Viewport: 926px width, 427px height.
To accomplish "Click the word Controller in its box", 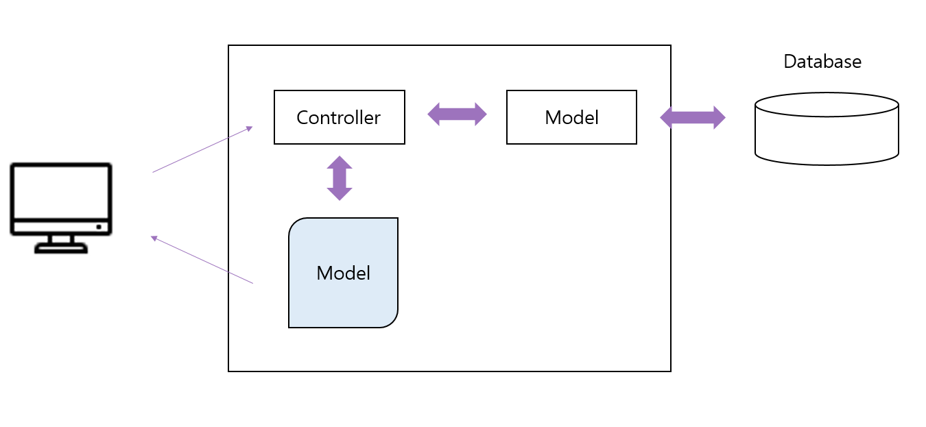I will coord(338,118).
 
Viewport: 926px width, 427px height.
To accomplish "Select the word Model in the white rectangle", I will coord(571,118).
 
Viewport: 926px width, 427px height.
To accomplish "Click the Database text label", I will coord(822,62).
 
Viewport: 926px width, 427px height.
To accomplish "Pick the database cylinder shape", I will coord(827,134).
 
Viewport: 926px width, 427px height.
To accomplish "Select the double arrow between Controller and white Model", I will coord(457,114).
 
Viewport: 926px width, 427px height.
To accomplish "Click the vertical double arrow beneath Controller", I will coord(340,178).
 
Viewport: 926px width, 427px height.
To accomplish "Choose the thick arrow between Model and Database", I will coord(692,117).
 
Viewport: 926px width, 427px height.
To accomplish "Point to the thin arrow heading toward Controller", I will coord(202,149).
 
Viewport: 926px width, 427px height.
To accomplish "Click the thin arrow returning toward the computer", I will coord(202,260).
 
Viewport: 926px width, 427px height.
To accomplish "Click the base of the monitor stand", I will coord(61,248).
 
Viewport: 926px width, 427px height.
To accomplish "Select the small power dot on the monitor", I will coord(99,227).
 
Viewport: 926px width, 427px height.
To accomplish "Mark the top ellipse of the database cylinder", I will coord(827,105).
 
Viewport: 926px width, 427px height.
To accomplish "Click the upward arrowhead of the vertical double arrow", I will coord(340,162).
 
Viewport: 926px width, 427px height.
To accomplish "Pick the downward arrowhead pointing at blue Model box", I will coord(340,194).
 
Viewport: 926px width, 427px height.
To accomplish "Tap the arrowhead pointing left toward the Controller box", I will coord(434,114).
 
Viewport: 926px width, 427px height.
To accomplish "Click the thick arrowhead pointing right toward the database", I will coord(719,117).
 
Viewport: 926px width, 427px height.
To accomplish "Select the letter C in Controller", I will coord(302,118).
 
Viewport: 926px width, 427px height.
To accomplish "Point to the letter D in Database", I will coord(789,62).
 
